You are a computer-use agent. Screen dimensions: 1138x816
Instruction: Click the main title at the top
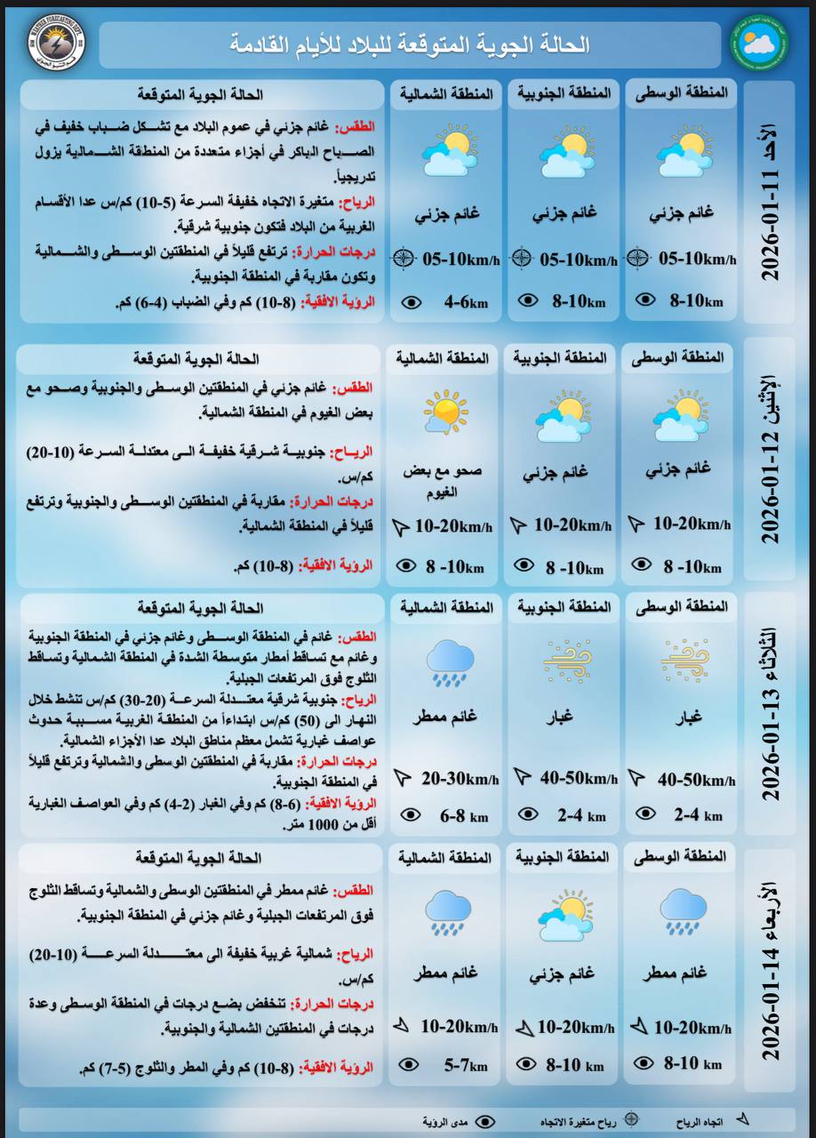tap(410, 44)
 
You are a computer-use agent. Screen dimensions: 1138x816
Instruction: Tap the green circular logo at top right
tap(759, 43)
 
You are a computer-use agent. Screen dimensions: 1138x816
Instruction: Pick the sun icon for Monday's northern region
tap(444, 412)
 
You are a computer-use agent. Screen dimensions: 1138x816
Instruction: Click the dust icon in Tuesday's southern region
tap(566, 661)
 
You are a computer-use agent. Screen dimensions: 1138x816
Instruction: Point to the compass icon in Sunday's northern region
tap(404, 259)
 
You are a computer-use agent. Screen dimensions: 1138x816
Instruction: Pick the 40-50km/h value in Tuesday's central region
tap(696, 779)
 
